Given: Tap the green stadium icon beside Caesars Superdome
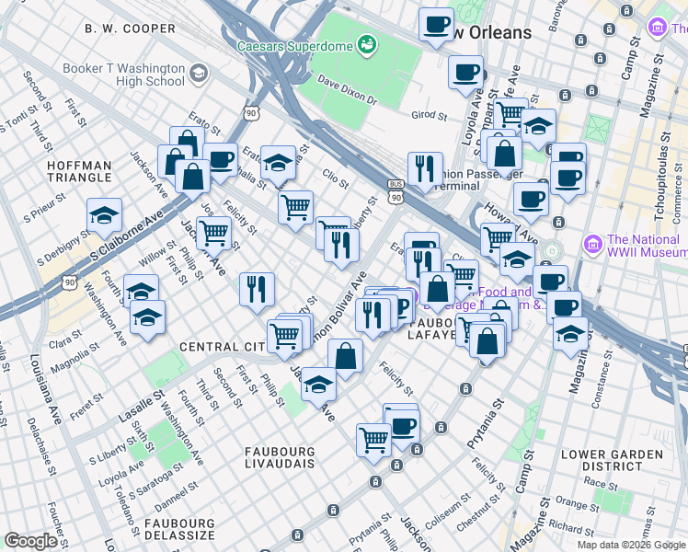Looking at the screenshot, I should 367,44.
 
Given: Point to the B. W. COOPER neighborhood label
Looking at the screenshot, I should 130,29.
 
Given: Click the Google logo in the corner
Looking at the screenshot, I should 30,541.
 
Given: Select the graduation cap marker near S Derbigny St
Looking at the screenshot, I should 105,215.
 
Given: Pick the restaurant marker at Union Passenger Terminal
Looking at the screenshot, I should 425,168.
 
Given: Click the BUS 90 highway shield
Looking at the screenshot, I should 396,190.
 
